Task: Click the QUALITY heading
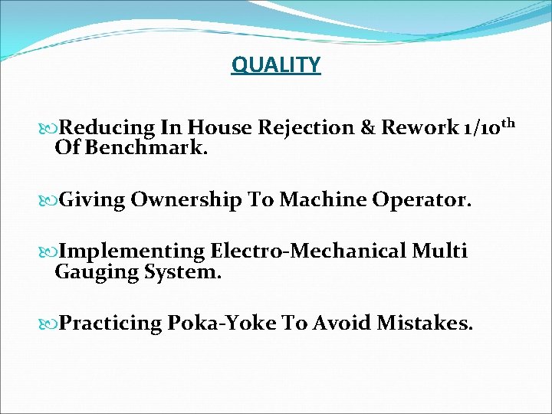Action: tap(276, 65)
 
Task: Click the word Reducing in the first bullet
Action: tap(107, 127)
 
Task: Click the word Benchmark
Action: tap(146, 146)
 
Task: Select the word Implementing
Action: tap(131, 251)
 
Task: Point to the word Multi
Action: tap(440, 251)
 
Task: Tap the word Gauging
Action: tap(96, 271)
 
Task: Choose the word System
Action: tap(182, 271)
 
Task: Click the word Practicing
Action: tap(110, 324)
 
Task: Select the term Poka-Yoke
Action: tap(222, 324)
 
